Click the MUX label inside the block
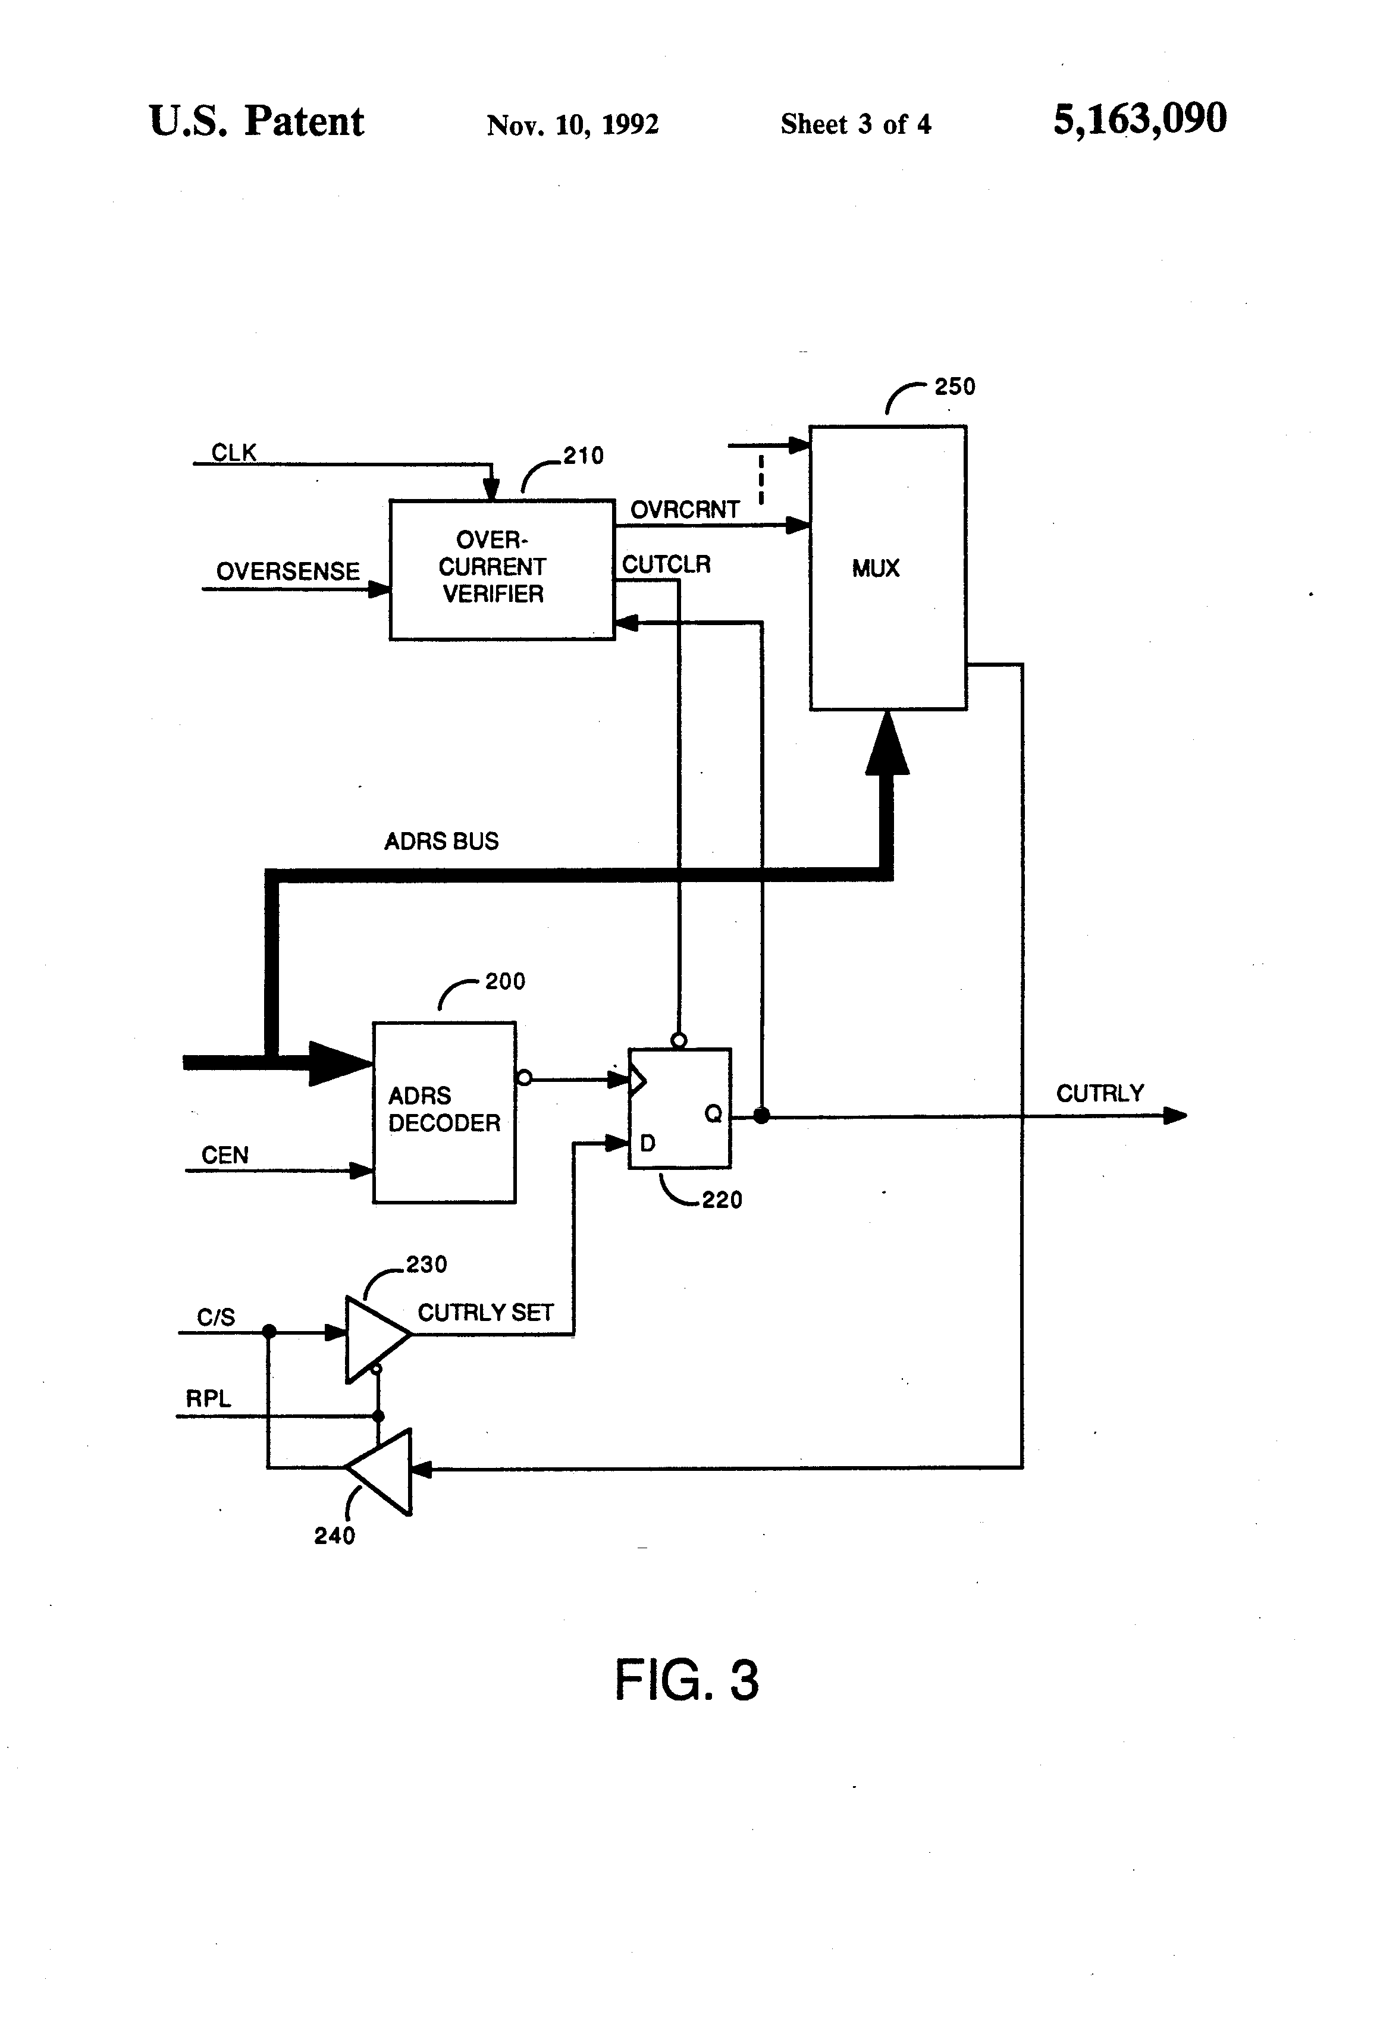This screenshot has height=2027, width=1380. pos(875,569)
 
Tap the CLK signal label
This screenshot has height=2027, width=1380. pos(234,453)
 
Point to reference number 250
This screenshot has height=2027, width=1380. pos(954,387)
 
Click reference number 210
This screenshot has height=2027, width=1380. pos(583,455)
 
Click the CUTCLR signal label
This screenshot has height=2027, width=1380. pos(666,564)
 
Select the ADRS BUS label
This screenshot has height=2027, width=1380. pos(441,841)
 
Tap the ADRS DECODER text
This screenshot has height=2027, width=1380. pos(444,1109)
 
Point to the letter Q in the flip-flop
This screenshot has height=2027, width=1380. pos(713,1114)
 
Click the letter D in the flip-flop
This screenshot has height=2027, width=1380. pos(647,1143)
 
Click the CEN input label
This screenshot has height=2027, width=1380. pos(225,1155)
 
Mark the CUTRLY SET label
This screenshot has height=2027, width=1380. pos(485,1313)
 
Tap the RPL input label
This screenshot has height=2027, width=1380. pos(208,1398)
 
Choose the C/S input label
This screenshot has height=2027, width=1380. pos(215,1317)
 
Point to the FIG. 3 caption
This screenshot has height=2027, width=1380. pos(686,1679)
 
